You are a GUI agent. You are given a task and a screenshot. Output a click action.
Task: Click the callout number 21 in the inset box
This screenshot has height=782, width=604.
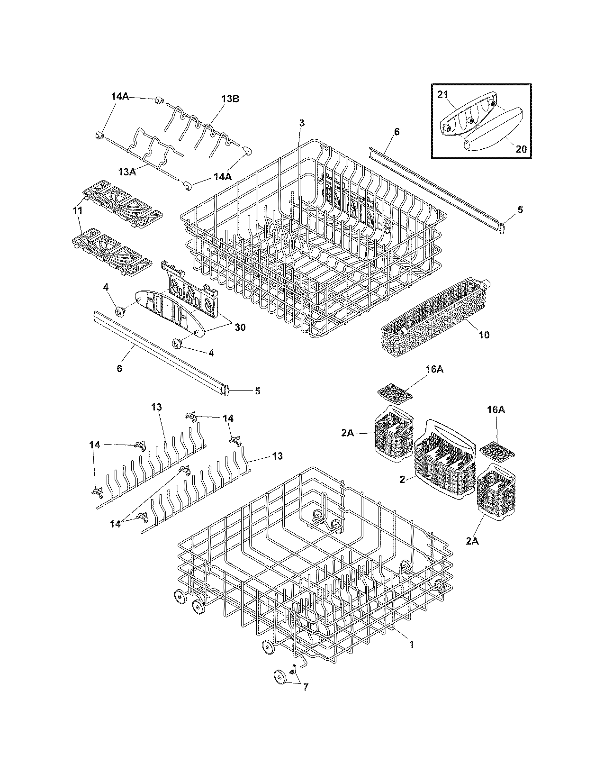pos(442,95)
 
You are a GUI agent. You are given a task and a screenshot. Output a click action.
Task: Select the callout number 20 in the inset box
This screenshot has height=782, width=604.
pos(521,148)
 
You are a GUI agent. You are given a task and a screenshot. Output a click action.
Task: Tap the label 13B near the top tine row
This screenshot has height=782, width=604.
pos(230,99)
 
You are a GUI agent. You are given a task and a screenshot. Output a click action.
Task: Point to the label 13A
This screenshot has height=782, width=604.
pos(126,173)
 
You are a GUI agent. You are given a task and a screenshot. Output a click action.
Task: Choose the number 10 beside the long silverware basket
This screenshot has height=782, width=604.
pos(484,335)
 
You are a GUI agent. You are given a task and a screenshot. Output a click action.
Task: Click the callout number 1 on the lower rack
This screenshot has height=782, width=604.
pos(412,645)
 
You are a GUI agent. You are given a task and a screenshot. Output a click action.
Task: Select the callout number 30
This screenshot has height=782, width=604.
pos(240,327)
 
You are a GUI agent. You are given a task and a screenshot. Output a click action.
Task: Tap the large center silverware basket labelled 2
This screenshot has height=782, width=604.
pos(444,460)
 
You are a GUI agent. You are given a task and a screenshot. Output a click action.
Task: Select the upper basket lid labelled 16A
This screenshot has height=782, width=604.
pos(395,392)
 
